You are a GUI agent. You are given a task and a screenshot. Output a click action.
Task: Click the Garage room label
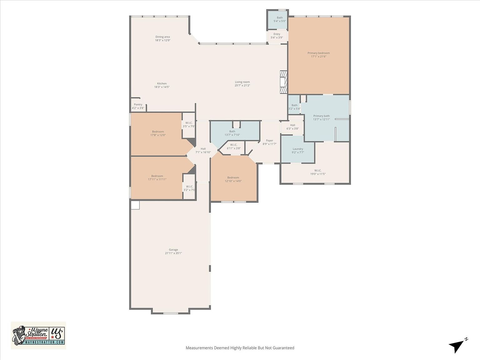173,250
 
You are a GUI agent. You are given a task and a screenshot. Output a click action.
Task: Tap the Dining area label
162,37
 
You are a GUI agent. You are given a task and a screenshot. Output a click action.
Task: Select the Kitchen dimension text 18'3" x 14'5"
162,87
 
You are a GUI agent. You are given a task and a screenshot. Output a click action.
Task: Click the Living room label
242,82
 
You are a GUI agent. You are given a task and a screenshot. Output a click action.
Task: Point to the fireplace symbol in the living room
283,82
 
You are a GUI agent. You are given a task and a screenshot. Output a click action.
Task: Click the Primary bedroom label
318,53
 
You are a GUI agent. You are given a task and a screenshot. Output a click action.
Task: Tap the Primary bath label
321,116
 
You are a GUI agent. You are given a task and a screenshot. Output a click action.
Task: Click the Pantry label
138,105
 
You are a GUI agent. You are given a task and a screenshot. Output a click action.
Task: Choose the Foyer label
269,141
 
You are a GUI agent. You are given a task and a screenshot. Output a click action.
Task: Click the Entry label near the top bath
277,34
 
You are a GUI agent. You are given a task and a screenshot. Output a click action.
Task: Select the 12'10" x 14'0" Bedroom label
233,177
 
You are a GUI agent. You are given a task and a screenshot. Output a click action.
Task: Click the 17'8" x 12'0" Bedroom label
158,132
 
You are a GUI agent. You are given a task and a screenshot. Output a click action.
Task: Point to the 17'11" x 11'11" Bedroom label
157,176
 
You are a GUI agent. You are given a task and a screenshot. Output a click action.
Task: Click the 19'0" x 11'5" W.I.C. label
318,171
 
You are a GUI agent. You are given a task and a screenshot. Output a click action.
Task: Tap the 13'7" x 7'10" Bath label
232,132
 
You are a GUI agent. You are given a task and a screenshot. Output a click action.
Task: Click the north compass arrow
457,345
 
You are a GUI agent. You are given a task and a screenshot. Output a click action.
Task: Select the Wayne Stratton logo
38,335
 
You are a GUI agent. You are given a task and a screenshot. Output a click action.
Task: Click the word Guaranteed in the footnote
283,348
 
